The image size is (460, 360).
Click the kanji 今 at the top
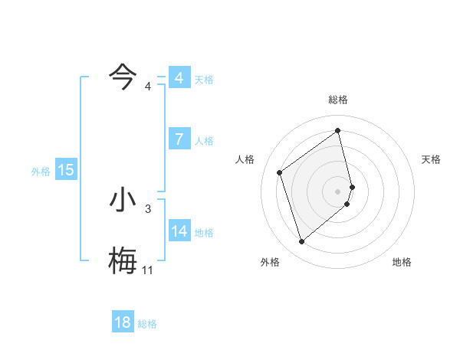pos(123,77)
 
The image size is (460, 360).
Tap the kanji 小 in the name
pos(123,201)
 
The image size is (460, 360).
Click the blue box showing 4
pos(179,78)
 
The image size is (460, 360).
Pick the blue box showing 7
pos(179,139)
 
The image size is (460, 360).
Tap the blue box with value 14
pos(179,231)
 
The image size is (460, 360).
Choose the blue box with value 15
pos(66,170)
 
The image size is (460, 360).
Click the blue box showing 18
pos(123,322)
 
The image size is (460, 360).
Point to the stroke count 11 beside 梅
pos(147,270)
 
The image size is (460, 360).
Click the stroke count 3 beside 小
pos(148,208)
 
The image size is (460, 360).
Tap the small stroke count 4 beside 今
pos(148,86)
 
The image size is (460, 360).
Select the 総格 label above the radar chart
pos(338,100)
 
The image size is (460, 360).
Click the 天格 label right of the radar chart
pos(432,159)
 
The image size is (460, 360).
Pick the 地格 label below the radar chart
pos(402,262)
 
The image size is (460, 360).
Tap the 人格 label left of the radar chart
pos(245,159)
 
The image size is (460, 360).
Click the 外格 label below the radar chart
pos(270,262)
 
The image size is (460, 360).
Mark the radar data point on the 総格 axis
pos(338,131)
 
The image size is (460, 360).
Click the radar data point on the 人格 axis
pos(280,172)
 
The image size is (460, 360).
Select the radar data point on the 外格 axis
pos(301,242)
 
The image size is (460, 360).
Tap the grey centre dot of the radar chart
pos(338,191)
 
